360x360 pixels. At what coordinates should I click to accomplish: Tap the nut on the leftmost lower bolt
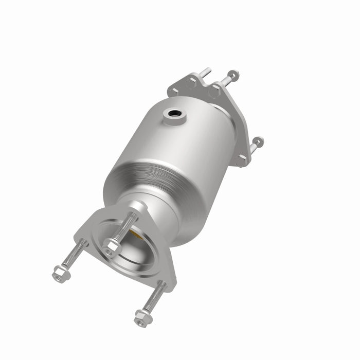(61, 273)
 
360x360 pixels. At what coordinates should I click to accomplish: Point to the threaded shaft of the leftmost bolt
(75, 255)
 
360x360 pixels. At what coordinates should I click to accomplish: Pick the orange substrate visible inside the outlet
(135, 236)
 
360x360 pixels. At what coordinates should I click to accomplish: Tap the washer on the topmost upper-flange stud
(232, 75)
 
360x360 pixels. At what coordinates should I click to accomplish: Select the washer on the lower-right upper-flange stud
(257, 141)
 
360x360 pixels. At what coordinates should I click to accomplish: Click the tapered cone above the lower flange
(154, 211)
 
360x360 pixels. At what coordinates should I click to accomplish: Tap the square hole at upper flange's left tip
(175, 91)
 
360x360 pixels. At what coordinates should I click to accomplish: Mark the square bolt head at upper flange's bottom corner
(240, 160)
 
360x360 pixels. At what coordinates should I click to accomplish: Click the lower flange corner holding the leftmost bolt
(85, 240)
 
